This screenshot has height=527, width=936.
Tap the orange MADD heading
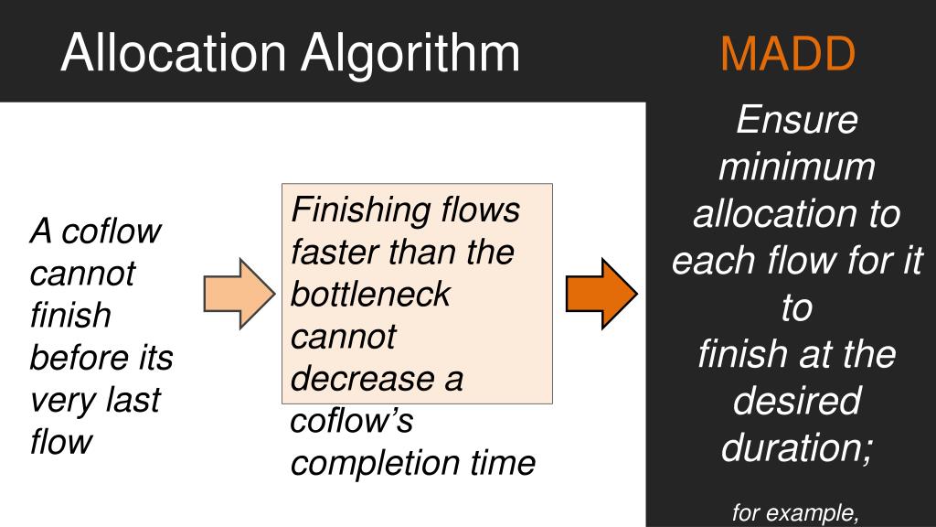click(788, 55)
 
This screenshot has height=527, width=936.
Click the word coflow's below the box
click(352, 423)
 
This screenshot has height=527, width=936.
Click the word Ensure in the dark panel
click(797, 121)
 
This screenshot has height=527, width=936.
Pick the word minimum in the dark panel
click(797, 167)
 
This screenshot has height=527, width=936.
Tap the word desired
click(797, 401)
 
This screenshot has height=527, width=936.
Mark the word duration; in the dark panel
click(797, 447)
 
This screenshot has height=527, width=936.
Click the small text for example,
click(796, 514)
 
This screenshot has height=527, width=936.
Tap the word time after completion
click(504, 463)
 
